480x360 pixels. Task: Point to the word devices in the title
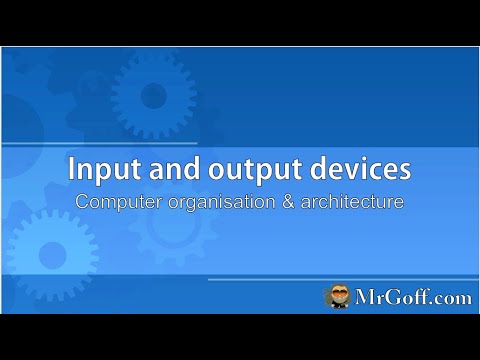(346, 170)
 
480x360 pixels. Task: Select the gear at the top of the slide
(152, 96)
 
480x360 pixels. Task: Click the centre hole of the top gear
(152, 96)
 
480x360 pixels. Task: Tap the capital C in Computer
(83, 201)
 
